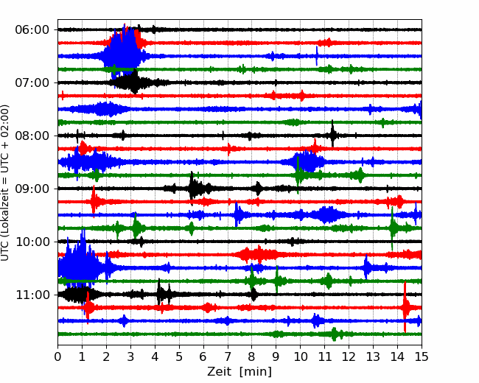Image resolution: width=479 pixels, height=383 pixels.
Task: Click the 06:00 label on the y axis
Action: point(32,30)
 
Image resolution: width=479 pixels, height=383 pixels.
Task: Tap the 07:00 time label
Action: point(32,82)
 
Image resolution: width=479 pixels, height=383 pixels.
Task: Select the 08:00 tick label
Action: point(32,136)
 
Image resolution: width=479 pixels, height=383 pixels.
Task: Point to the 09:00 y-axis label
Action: point(32,189)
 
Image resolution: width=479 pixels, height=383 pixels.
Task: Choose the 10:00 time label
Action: point(32,242)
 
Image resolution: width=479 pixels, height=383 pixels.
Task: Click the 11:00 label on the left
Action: point(32,295)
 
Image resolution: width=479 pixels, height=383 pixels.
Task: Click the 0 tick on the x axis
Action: point(57,356)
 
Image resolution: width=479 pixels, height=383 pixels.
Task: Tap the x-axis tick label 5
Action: point(179,356)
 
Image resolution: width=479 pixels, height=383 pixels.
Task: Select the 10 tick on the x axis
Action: point(300,356)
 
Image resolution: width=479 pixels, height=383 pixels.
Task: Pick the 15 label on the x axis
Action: point(422,356)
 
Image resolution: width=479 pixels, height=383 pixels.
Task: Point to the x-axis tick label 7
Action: point(228,356)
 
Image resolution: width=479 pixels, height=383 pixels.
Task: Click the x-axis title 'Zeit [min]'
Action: point(239,372)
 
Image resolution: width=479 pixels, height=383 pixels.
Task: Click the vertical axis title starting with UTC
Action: point(4,183)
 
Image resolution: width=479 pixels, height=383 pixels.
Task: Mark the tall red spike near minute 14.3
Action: point(405,307)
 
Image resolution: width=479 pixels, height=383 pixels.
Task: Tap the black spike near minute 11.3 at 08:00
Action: point(332,134)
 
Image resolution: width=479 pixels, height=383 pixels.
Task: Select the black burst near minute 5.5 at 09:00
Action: point(193,188)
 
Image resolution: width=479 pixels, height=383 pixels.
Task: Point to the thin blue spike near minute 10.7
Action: point(317,56)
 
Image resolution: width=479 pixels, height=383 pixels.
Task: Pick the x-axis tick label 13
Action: point(373,356)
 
